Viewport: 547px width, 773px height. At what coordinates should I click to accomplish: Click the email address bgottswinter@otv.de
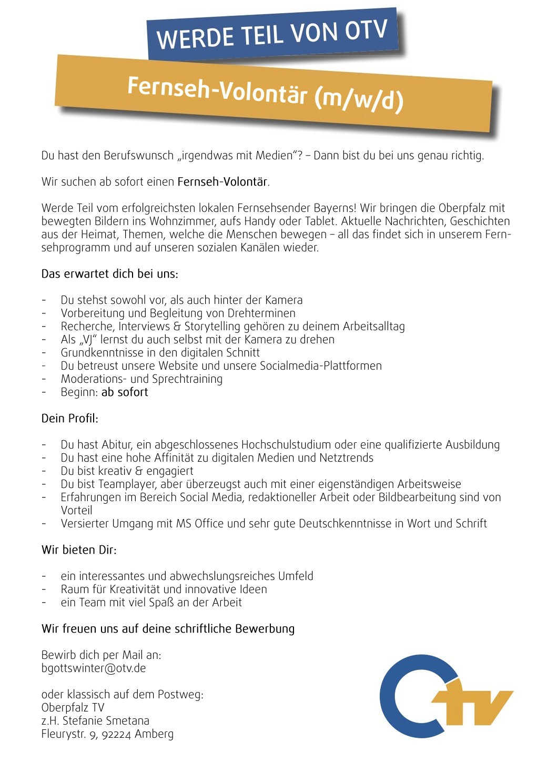94,668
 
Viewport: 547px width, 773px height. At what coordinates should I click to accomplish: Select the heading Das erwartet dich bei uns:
110,274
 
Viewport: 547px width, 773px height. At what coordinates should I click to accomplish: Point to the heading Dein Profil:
70,419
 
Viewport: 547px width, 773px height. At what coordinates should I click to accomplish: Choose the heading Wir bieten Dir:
79,550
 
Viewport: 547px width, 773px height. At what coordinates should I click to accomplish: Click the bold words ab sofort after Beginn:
125,392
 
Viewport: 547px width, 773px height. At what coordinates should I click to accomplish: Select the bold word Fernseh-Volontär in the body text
223,182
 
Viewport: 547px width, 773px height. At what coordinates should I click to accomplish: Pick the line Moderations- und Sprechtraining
141,379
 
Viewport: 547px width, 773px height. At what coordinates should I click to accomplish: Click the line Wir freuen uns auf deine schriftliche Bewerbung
168,629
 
